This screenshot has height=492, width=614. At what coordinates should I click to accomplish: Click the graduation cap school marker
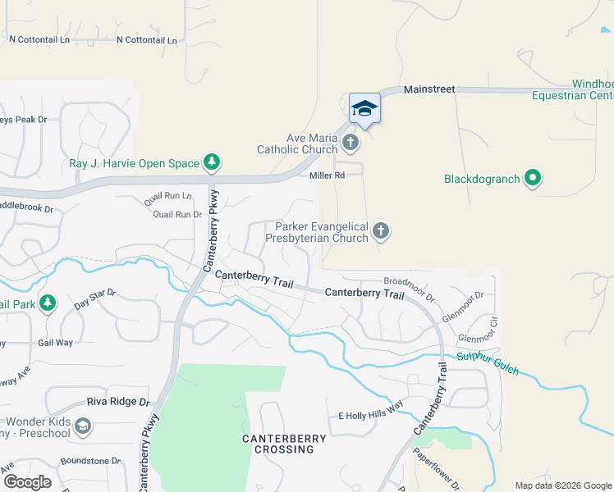tap(364, 108)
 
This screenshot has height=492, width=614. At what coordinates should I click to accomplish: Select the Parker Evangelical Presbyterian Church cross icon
tap(380, 231)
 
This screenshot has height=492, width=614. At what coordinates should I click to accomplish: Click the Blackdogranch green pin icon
tap(533, 178)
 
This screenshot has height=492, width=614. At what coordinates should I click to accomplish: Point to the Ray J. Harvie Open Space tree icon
tap(212, 162)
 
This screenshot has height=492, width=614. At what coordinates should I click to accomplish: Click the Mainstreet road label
tap(428, 89)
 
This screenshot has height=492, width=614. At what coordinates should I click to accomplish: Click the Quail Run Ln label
tap(167, 196)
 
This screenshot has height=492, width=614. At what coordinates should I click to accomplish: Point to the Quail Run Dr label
tap(177, 214)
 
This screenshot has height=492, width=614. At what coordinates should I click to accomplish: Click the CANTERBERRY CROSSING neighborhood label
tap(284, 444)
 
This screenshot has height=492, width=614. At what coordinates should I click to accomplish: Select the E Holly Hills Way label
tap(371, 416)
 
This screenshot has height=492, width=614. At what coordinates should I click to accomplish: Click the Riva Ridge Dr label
tap(119, 403)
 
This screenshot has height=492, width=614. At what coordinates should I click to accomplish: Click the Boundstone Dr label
tap(91, 461)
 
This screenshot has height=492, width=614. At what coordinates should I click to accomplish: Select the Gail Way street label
tap(55, 343)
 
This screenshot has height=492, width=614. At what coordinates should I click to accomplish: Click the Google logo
tap(27, 482)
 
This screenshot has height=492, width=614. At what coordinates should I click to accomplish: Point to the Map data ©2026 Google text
tap(562, 485)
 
